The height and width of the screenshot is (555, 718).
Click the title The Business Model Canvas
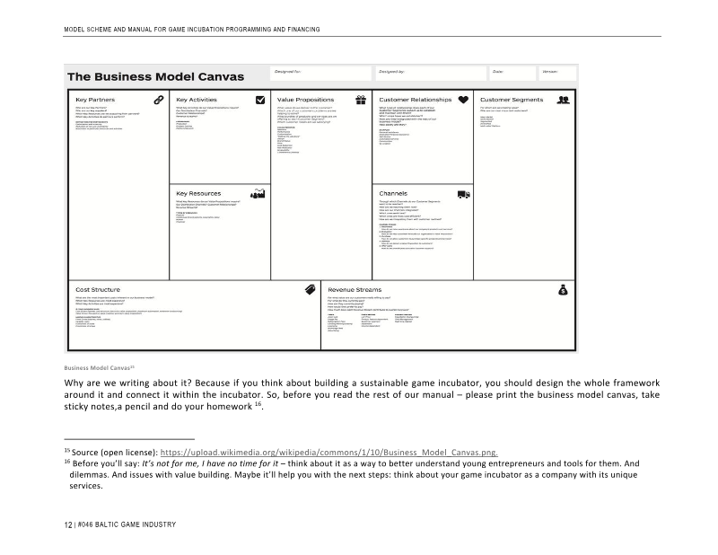pos(155,76)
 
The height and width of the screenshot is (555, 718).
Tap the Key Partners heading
pos(94,100)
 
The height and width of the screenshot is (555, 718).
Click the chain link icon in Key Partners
pos(159,100)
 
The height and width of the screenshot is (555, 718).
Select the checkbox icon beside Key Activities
pos(260,100)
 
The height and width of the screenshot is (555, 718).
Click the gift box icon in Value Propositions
pos(361,100)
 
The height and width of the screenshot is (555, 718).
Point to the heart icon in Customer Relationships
pos(463,100)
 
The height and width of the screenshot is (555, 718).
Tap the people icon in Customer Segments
pos(564,100)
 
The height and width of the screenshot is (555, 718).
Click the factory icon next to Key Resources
pos(259,193)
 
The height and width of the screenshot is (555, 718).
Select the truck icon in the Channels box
pos(463,193)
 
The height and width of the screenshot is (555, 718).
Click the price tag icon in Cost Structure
pos(311,289)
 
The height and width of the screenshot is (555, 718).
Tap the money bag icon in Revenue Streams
pos(564,289)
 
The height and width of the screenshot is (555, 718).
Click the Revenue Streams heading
pos(355,290)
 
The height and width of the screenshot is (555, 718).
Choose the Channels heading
pos(394,193)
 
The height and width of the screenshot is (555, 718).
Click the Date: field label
pos(497,70)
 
